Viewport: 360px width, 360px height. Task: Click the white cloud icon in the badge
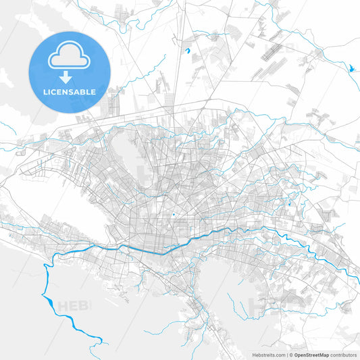click(68, 57)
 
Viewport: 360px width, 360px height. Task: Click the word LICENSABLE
click(68, 91)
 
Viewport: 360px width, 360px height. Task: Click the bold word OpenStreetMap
click(312, 354)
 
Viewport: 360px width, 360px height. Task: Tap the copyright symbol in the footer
click(291, 354)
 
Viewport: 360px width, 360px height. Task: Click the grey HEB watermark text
click(73, 306)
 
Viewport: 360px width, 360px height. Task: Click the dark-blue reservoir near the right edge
click(351, 68)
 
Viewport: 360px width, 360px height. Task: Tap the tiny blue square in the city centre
click(174, 215)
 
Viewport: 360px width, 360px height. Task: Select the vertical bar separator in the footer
click(287, 354)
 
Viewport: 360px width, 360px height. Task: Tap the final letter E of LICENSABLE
click(93, 91)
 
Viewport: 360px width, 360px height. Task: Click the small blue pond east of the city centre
click(290, 203)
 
